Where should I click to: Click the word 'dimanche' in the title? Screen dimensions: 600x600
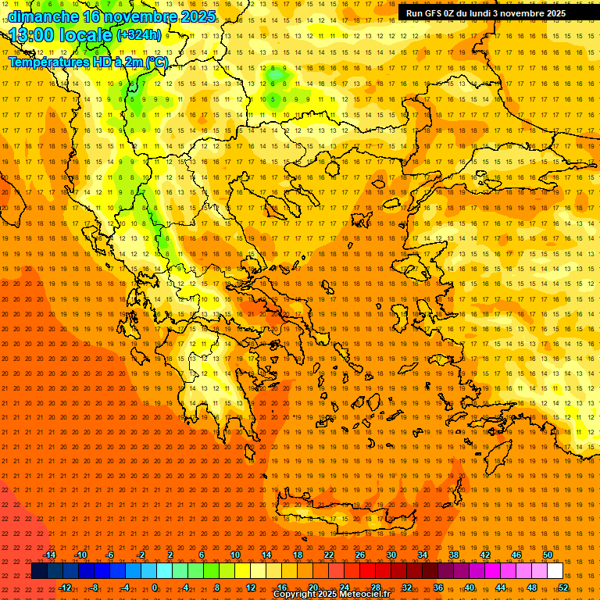[44, 16]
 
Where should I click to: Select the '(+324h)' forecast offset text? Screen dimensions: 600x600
[139, 35]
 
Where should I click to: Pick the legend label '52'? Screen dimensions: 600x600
[562, 587]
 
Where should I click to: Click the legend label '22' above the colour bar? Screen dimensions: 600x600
[329, 555]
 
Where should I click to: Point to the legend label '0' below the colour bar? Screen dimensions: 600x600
[155, 587]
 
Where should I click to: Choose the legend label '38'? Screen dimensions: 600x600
[454, 555]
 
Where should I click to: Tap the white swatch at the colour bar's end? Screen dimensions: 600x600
[555, 570]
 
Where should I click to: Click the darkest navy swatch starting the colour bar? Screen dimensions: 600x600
[39, 570]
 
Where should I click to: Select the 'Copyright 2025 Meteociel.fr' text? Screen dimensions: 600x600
[331, 595]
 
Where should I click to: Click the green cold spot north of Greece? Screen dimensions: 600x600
[273, 90]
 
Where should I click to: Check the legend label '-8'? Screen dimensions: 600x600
[94, 587]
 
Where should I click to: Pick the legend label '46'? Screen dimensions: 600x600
[516, 555]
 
